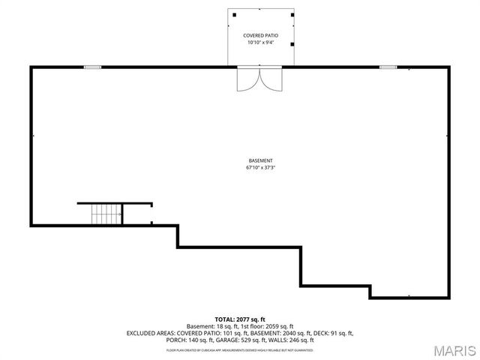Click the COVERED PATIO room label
(x=260, y=35)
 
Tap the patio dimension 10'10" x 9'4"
(x=260, y=43)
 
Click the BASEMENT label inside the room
(x=260, y=160)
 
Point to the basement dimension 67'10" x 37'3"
(x=260, y=167)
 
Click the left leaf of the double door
(x=248, y=79)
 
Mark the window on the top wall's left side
(x=92, y=67)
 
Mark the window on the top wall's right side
(x=388, y=67)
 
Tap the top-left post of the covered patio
(x=234, y=13)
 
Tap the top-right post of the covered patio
(x=286, y=13)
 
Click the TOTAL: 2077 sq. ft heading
(x=240, y=319)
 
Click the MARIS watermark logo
(x=454, y=350)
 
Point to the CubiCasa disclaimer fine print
(x=240, y=349)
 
